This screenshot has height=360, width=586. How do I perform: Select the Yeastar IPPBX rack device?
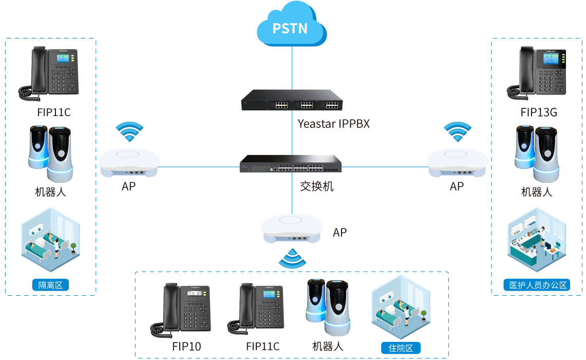tap(292, 101)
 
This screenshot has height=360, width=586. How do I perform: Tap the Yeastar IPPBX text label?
tap(333, 124)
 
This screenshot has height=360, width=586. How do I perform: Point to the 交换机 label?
tap(316, 186)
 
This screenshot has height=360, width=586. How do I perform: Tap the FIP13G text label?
tap(538, 112)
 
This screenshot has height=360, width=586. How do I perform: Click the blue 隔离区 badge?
tap(50, 285)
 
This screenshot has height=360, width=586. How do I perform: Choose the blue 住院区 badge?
tap(401, 348)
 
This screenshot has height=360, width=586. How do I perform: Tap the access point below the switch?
tap(293, 229)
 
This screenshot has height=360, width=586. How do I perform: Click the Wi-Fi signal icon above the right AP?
tap(457, 132)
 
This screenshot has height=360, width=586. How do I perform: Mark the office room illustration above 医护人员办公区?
tap(536, 239)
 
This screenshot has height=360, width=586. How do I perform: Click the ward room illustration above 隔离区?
tap(50, 239)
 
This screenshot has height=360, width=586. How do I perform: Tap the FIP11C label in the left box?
tap(53, 112)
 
